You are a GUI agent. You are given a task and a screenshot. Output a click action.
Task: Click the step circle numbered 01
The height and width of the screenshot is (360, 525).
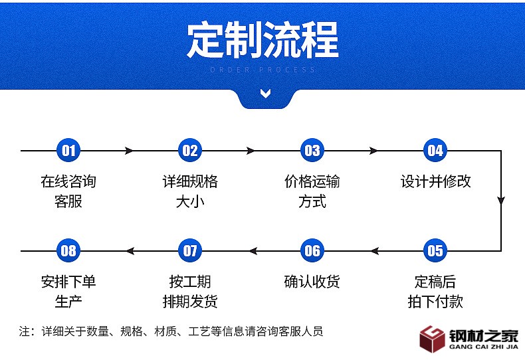[68, 151]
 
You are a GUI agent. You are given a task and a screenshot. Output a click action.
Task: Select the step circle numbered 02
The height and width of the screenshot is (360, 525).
[190, 151]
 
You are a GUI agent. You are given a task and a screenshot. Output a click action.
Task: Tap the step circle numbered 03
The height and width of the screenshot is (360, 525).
[312, 151]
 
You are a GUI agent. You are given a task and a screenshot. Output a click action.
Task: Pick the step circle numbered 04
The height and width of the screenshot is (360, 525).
[435, 151]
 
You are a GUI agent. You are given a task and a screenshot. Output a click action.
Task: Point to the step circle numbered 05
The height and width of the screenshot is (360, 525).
[435, 250]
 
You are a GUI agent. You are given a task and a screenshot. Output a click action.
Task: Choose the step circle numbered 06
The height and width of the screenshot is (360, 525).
[312, 250]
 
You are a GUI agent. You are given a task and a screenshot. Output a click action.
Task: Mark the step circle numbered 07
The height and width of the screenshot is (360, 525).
[190, 250]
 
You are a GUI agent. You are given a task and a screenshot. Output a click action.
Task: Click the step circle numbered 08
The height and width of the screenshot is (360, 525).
[68, 250]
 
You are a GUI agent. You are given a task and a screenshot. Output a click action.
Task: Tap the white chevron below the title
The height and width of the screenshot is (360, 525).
[266, 94]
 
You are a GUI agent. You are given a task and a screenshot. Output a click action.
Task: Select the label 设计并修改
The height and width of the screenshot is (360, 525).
[435, 181]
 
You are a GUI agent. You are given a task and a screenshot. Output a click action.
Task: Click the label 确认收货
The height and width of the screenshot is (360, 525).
[312, 282]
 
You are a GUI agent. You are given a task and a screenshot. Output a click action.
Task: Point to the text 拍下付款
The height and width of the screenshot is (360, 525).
[435, 301]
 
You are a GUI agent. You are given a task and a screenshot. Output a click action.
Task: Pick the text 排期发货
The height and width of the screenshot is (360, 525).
[190, 301]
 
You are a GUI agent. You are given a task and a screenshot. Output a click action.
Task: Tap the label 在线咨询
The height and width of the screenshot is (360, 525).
[68, 181]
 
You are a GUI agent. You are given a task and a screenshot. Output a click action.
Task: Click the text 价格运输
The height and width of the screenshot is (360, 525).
[312, 181]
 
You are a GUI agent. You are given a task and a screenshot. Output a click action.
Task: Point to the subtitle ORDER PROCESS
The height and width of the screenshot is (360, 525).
[262, 70]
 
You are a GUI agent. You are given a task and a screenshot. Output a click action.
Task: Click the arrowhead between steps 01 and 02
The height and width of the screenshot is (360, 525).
[129, 151]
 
